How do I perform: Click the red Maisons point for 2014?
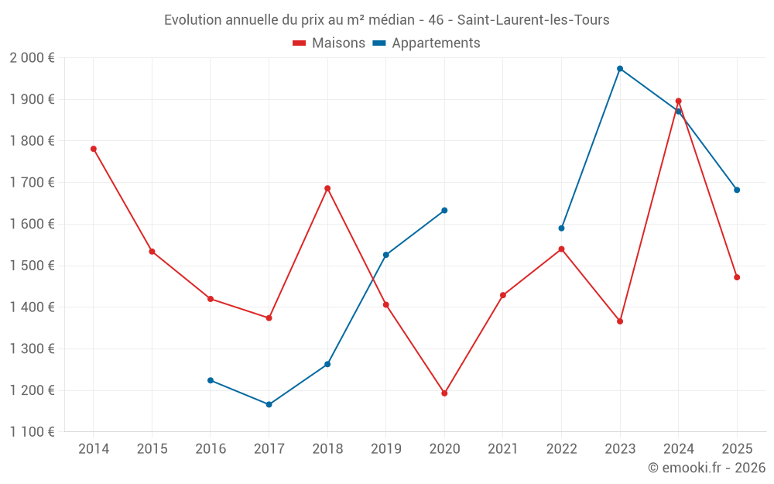[94, 149]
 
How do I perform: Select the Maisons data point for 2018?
[327, 188]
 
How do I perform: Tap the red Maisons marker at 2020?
[444, 393]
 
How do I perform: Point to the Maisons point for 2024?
[678, 101]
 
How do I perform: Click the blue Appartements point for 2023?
[620, 69]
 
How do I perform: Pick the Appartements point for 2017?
[269, 404]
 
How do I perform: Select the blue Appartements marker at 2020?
[444, 211]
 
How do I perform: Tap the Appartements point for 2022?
[561, 228]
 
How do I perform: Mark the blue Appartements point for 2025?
[737, 190]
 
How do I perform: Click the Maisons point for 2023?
[620, 321]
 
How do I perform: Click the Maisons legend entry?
[329, 43]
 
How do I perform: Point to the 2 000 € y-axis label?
[33, 58]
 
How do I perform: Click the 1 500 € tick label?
[33, 266]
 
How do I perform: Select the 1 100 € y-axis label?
[33, 432]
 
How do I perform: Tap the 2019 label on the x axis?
[385, 449]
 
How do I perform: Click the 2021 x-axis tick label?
[502, 449]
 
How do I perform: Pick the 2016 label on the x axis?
[211, 449]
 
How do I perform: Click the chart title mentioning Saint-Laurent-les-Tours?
[386, 20]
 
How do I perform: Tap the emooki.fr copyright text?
[706, 468]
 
